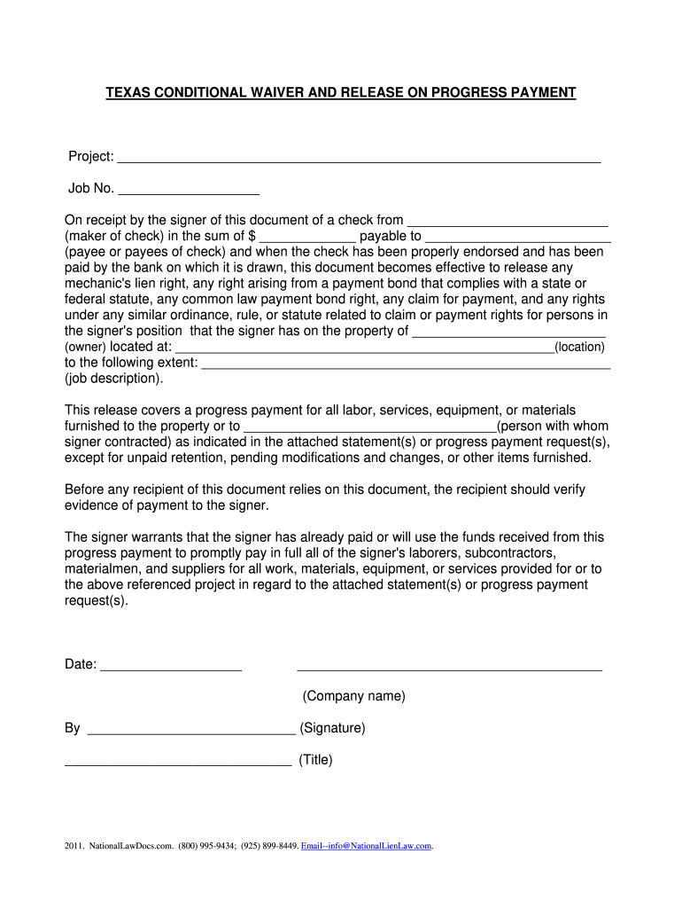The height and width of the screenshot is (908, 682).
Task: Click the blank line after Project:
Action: click(x=359, y=159)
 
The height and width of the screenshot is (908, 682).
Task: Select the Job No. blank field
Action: click(x=188, y=190)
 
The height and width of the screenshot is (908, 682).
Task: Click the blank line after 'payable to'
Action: click(x=518, y=238)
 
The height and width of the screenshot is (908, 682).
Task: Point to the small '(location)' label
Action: click(x=579, y=348)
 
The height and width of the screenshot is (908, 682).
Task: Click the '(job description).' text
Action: click(x=114, y=378)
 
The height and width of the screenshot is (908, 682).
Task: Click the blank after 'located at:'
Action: click(x=364, y=348)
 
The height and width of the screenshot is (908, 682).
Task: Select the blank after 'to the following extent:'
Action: click(x=407, y=364)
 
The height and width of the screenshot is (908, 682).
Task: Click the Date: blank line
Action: click(x=171, y=667)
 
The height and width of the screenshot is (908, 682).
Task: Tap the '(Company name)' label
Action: click(x=353, y=696)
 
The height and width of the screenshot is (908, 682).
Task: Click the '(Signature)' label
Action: click(x=332, y=728)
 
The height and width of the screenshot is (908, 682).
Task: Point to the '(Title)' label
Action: click(x=315, y=760)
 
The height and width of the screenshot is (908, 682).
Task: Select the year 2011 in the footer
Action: click(x=74, y=846)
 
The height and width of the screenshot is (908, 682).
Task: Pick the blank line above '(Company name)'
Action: click(x=449, y=668)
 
